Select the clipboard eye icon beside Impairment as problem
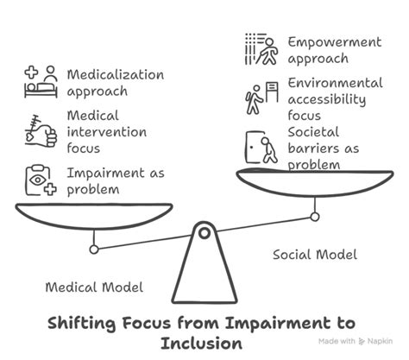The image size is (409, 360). click(39, 180)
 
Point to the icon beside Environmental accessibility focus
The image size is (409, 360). click(261, 98)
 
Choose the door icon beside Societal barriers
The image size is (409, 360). click(261, 147)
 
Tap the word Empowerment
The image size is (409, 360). click(333, 41)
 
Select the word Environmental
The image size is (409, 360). click(335, 84)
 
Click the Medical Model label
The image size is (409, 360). click(93, 287)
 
